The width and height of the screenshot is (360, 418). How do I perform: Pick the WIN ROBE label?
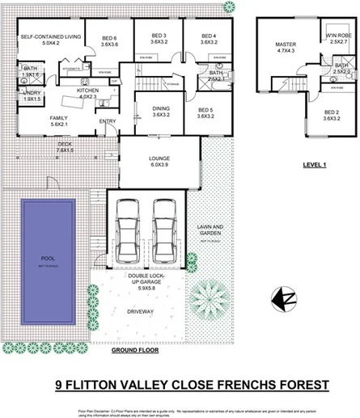[x=337, y=36]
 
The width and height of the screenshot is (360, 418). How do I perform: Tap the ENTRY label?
[x=107, y=122]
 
